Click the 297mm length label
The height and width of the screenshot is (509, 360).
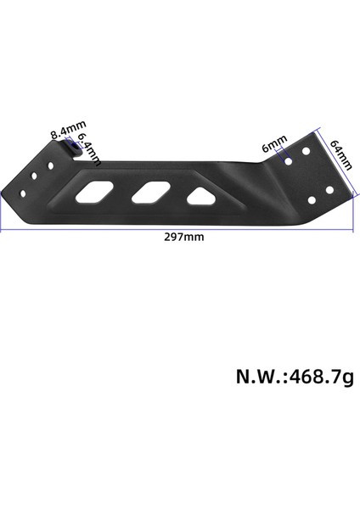pos(183,238)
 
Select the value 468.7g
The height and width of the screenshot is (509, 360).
pos(320,376)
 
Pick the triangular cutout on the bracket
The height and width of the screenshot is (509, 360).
pos(200,196)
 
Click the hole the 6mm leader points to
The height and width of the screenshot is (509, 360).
pos(290,159)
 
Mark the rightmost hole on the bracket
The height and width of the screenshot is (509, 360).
pos(331,195)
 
